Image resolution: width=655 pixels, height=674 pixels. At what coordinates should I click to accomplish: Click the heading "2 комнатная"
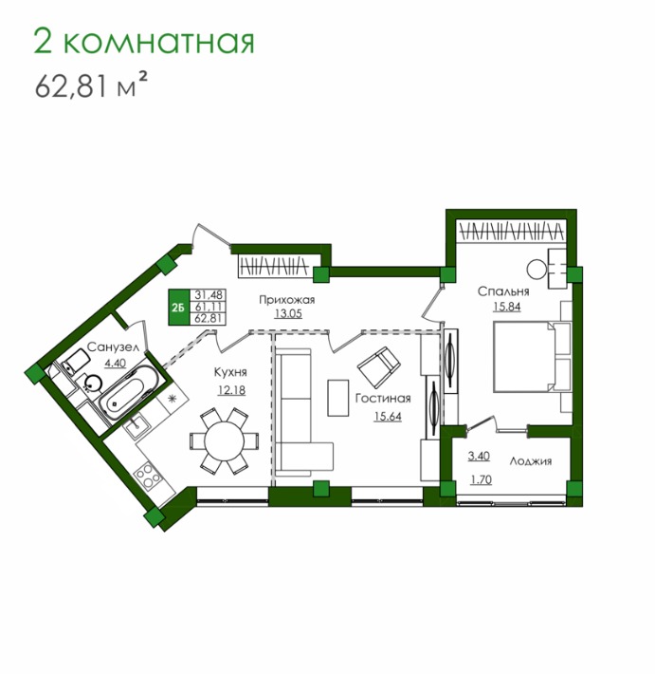tap(144, 42)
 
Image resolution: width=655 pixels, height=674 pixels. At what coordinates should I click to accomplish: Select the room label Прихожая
tap(287, 300)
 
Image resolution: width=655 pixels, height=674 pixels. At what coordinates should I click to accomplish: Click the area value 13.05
tap(288, 314)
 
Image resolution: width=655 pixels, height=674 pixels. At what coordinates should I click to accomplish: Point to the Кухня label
tap(230, 372)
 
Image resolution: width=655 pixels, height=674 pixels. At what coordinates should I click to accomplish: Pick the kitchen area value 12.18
tap(231, 390)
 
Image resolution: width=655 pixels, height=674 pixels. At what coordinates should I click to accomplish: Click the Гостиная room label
tap(383, 399)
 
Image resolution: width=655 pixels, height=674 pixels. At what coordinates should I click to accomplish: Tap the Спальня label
tap(503, 291)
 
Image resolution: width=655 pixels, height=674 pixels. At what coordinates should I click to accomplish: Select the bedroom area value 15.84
tap(507, 307)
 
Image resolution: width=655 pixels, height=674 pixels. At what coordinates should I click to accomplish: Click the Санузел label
tap(114, 347)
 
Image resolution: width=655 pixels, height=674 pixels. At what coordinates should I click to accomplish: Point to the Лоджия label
tap(531, 461)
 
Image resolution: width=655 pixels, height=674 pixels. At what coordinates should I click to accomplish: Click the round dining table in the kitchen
tap(225, 441)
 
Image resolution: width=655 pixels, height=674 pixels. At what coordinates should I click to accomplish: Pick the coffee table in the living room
tap(338, 398)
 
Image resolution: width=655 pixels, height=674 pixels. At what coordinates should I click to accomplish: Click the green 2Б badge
tap(177, 307)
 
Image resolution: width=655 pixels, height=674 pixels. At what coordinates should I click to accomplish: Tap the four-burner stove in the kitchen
tap(149, 475)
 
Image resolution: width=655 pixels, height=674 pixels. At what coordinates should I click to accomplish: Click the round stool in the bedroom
tap(537, 270)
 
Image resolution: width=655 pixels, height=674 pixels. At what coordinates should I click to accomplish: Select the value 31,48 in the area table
tap(209, 295)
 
